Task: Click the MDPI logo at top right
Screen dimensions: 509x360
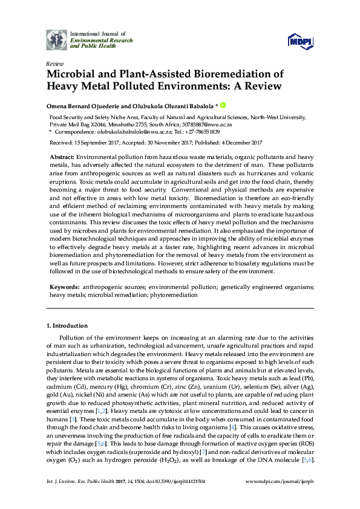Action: coord(301,41)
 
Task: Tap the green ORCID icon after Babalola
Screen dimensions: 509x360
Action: coord(222,105)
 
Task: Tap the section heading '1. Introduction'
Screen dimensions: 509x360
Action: coord(67,326)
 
